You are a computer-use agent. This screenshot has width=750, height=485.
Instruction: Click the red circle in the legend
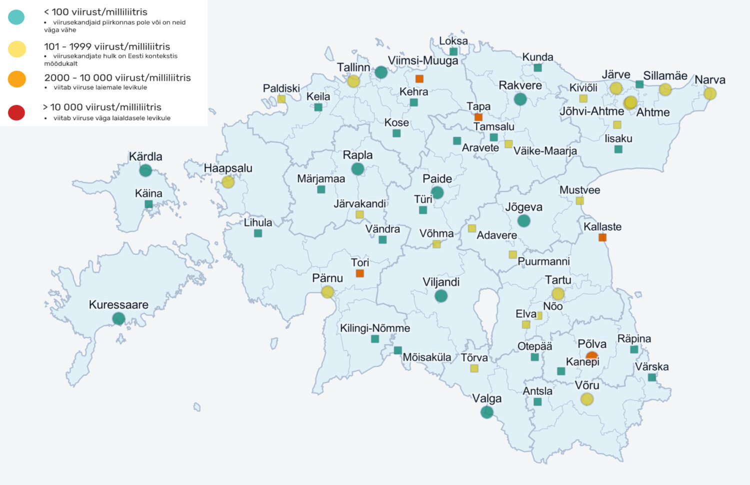[x=16, y=113]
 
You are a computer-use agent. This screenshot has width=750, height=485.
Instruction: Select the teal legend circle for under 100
[x=16, y=17]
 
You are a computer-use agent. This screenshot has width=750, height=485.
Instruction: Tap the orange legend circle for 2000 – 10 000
[x=16, y=79]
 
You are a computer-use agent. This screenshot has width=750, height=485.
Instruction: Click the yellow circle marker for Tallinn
[x=353, y=81]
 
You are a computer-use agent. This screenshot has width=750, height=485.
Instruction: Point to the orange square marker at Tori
[x=359, y=273]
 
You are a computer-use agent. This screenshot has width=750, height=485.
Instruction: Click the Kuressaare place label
[x=118, y=305]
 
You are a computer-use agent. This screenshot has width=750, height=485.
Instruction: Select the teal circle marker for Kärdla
[x=145, y=170]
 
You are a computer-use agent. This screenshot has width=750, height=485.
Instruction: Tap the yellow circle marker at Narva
[x=710, y=94]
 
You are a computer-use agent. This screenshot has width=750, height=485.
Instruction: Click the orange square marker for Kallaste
[x=602, y=237]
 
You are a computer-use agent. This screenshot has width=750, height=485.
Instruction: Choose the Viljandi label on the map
[x=441, y=282]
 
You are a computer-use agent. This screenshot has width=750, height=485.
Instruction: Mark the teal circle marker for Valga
[x=486, y=412]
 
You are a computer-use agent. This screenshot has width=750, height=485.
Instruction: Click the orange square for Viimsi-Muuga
[x=419, y=79]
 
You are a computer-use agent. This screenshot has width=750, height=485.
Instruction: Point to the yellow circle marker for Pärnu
[x=327, y=292]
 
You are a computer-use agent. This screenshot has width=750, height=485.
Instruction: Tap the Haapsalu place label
[x=228, y=169]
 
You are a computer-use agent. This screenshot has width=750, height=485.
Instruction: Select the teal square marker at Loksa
[x=453, y=52]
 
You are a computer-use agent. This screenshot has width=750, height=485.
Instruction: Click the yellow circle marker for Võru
[x=587, y=399]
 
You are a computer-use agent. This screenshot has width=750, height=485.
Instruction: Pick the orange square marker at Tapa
[x=478, y=117]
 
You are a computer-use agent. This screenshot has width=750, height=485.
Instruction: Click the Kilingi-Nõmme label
[x=375, y=328]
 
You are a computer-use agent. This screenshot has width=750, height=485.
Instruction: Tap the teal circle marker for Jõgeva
[x=523, y=220]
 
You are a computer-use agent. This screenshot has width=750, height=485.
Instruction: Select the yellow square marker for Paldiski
[x=281, y=99]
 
